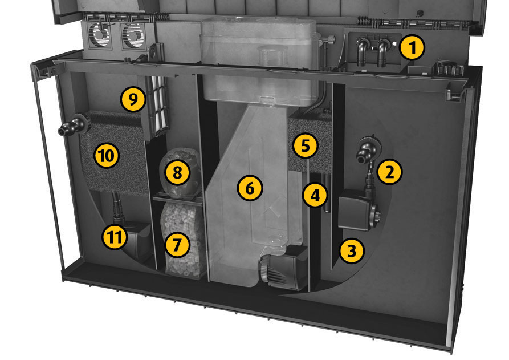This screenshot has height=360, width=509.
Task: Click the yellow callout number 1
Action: (x=412, y=47)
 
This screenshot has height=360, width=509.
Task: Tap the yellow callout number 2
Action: (x=389, y=172)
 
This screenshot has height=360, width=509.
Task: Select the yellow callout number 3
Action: (x=352, y=251)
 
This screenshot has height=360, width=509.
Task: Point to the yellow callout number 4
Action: (x=315, y=195)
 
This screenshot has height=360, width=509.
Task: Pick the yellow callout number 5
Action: (x=306, y=145)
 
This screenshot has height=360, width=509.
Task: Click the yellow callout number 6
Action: (x=250, y=188)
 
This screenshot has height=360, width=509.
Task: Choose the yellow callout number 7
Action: (x=177, y=245)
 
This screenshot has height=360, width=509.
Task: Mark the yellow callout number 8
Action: (x=177, y=172)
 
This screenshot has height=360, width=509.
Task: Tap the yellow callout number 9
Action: (x=133, y=100)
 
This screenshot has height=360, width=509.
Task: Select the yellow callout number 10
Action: (x=107, y=156)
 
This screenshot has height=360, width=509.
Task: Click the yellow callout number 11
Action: (x=115, y=237)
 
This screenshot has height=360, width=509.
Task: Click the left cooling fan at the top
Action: (x=100, y=35)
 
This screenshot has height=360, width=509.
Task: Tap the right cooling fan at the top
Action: (x=134, y=36)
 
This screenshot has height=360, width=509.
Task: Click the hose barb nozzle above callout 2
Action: (x=367, y=149)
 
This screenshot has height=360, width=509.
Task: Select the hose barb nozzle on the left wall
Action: (x=75, y=124)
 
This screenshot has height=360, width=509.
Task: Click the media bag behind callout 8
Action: (x=181, y=173)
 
